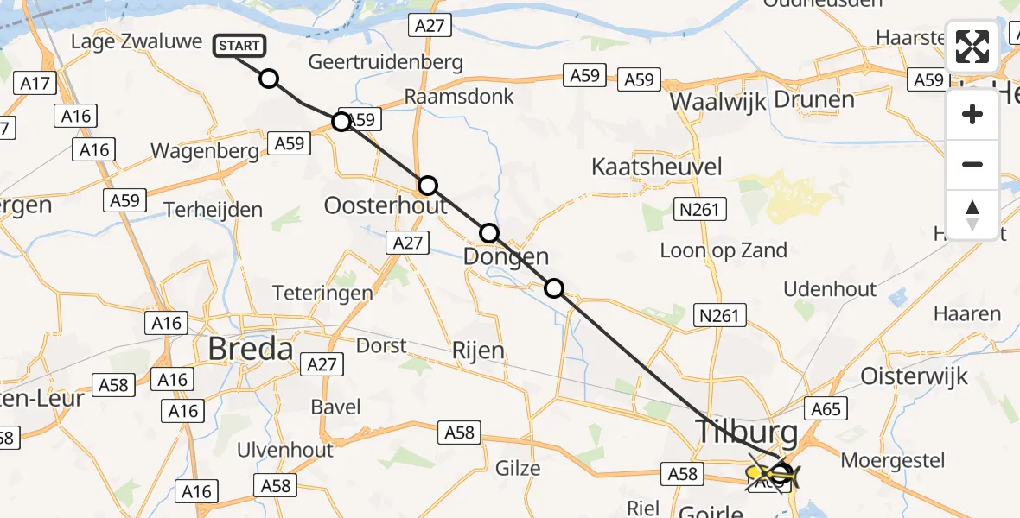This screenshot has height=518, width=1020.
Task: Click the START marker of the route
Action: (238, 46)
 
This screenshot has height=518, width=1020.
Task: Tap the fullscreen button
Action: (972, 47)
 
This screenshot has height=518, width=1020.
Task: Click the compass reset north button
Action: (972, 215)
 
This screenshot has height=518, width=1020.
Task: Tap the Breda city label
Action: (251, 349)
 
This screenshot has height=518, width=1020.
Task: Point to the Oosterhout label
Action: (386, 205)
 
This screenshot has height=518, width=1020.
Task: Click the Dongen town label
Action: (506, 256)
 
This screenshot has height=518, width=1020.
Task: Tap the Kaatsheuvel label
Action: (656, 167)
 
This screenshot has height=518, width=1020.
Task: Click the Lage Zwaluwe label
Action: (137, 41)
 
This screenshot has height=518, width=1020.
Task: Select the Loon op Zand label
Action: (724, 250)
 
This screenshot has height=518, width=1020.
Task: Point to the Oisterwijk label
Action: (915, 376)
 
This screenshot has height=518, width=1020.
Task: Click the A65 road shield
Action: (826, 408)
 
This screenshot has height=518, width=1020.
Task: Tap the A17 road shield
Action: (35, 84)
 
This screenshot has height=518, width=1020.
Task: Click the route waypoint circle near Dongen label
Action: (489, 232)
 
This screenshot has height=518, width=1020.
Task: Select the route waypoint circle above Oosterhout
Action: (428, 186)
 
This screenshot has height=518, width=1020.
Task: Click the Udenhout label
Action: (830, 289)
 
